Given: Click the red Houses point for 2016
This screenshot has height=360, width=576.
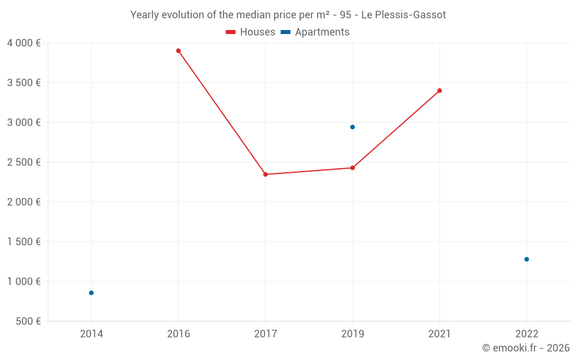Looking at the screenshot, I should [x=179, y=51].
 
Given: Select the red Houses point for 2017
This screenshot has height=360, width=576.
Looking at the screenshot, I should [x=266, y=175].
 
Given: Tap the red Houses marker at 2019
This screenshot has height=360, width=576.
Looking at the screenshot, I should [x=353, y=168].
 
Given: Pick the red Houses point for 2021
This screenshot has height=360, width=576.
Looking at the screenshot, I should [x=439, y=90].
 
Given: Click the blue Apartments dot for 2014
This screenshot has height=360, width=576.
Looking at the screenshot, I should [x=91, y=293].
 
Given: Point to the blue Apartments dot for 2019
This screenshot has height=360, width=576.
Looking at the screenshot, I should [x=353, y=127].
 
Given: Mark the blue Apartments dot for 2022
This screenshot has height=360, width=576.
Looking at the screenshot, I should [x=526, y=259].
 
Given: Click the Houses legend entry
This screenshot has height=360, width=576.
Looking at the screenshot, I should [x=251, y=32].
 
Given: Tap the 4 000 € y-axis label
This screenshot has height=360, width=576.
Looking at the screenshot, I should [x=24, y=43].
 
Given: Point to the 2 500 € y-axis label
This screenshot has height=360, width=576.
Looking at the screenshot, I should [x=24, y=162].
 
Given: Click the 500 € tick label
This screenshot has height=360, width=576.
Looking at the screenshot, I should [x=27, y=321].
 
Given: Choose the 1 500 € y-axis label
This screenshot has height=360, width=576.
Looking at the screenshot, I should [x=24, y=242].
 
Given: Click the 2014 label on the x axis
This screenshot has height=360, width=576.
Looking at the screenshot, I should [x=91, y=334].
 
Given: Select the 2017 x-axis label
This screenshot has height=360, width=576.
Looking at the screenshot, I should [x=266, y=334].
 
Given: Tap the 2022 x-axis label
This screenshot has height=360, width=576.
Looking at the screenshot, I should [x=526, y=334].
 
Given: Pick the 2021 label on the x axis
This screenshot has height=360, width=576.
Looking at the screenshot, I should [x=439, y=334].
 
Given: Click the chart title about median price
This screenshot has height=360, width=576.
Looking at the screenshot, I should [x=288, y=15].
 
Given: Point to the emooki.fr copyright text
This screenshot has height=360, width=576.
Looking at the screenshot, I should [x=526, y=348].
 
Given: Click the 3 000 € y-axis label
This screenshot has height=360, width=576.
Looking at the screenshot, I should [x=24, y=123].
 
